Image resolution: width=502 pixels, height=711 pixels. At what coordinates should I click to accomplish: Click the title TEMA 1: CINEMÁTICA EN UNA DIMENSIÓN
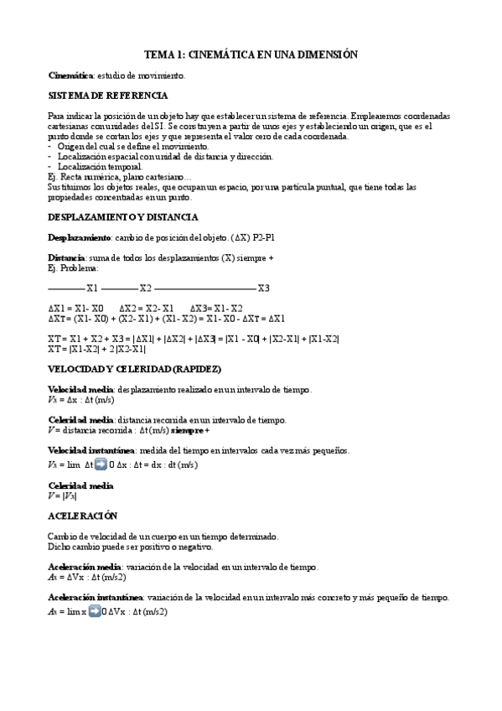(251, 54)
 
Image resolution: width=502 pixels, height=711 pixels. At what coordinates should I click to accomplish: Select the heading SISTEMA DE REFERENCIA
(107, 96)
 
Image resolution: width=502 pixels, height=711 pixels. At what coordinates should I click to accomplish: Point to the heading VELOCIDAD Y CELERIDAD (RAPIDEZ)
(134, 370)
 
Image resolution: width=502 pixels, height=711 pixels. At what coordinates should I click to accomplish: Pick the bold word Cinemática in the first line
(70, 75)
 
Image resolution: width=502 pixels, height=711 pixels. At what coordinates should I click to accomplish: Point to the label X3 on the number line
(263, 288)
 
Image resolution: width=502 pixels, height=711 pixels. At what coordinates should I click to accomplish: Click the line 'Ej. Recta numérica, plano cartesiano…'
(119, 177)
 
